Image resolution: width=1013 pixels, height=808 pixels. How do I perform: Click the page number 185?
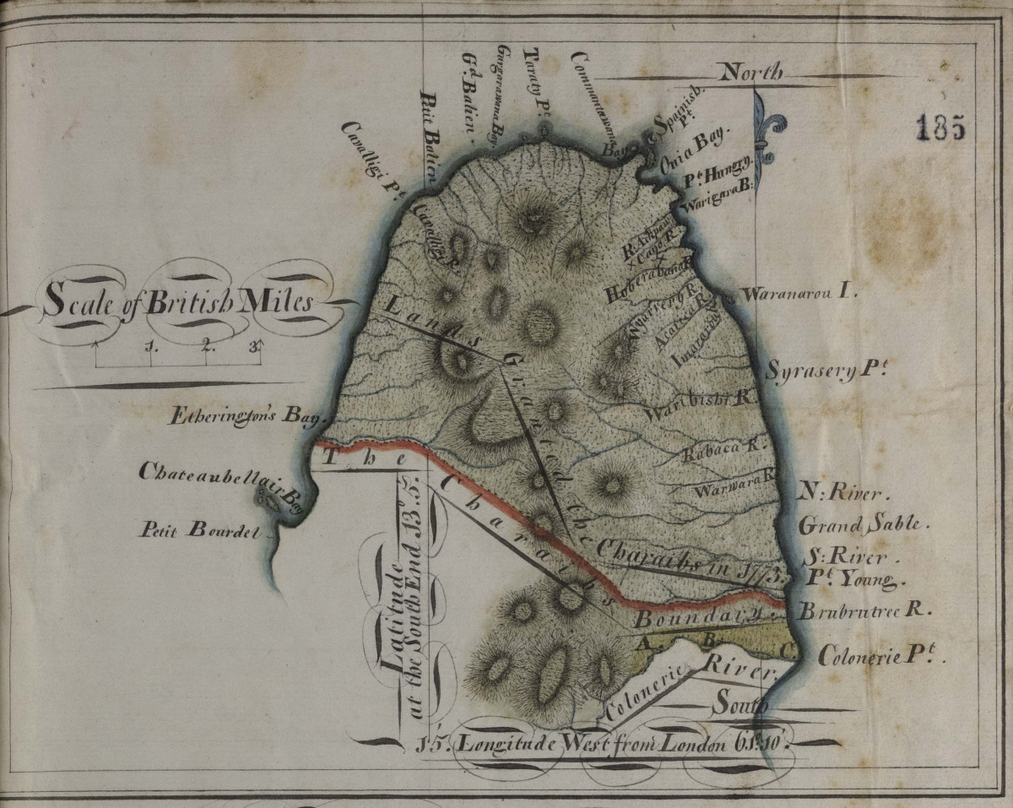tap(940, 127)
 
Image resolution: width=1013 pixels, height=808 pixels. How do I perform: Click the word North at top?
tap(750, 74)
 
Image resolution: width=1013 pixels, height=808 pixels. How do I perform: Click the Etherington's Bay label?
tap(240, 416)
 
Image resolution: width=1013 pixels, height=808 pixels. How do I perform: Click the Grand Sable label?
tap(863, 524)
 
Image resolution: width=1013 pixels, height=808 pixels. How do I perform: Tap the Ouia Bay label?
tap(692, 150)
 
